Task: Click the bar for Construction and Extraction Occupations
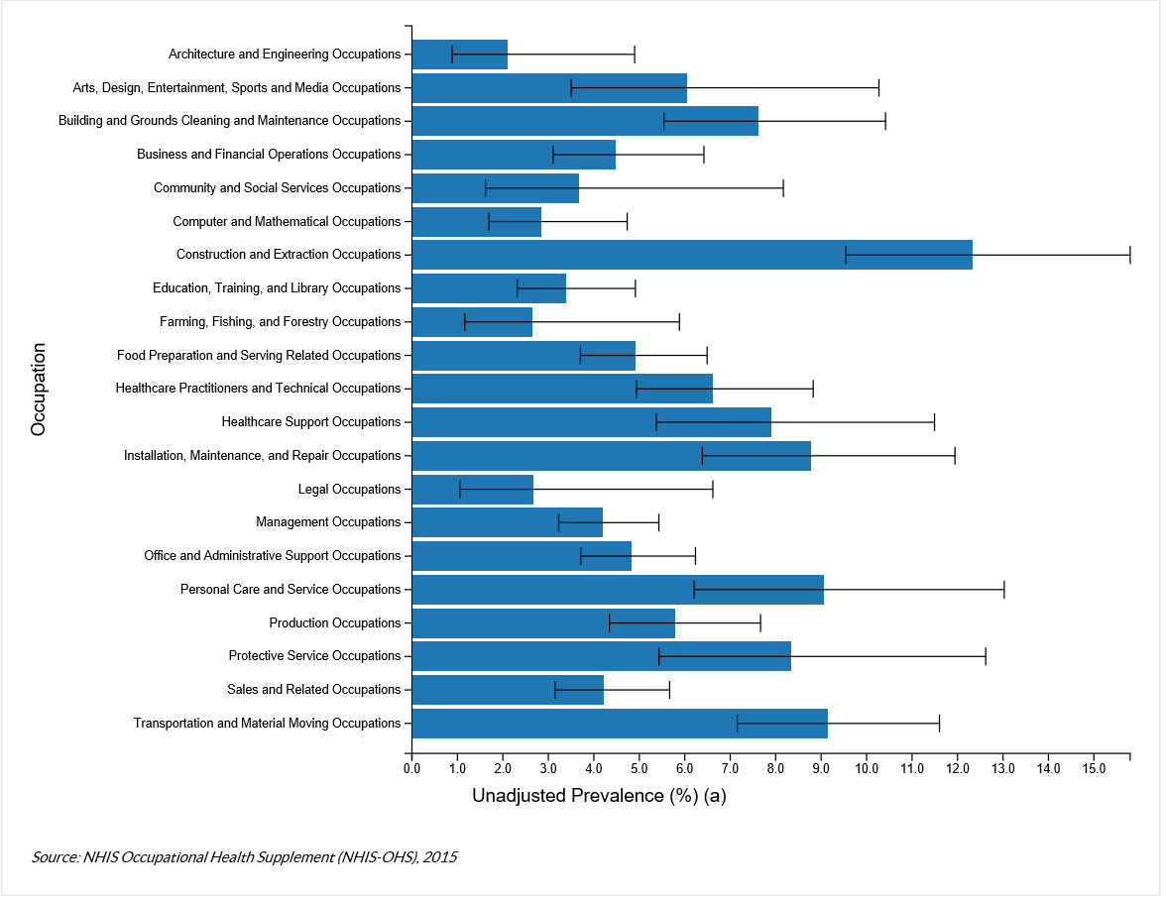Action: (x=691, y=255)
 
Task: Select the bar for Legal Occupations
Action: (x=472, y=490)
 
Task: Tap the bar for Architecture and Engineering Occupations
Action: (x=459, y=55)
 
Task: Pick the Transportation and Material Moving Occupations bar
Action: (x=619, y=724)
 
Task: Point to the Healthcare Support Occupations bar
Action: (x=591, y=422)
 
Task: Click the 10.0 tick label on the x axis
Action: (x=867, y=768)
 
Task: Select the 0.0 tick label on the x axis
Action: (x=411, y=768)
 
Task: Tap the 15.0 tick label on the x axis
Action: (x=1094, y=768)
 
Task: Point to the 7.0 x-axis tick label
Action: (x=730, y=768)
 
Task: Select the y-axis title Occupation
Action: (x=39, y=390)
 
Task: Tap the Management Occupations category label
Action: (x=328, y=522)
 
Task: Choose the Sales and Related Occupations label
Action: (x=313, y=690)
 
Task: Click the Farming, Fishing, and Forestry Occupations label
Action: (x=280, y=322)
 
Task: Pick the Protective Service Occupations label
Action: (x=314, y=656)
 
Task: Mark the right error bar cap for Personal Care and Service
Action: (x=1004, y=590)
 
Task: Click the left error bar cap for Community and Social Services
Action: (x=486, y=188)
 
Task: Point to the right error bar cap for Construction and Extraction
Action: (x=1129, y=255)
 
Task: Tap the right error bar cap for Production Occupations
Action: (x=760, y=623)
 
